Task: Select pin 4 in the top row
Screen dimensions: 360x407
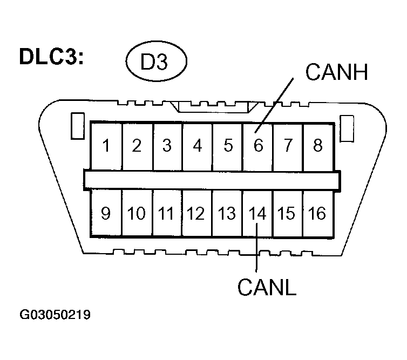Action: (x=198, y=145)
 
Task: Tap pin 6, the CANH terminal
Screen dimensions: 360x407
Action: (x=258, y=145)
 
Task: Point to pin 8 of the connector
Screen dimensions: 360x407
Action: (x=317, y=145)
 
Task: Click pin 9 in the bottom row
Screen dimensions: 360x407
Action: (x=106, y=214)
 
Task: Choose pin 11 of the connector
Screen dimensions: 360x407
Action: (x=166, y=214)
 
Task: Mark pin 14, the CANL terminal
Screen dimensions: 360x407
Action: (x=258, y=214)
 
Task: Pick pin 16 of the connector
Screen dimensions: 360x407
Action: (x=317, y=214)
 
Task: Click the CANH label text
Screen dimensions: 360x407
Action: (x=336, y=72)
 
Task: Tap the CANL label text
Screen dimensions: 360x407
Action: (x=267, y=287)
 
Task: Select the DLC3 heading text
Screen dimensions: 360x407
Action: (x=51, y=57)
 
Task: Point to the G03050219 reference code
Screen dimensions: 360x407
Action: (x=55, y=315)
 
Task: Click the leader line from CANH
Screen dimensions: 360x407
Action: (x=275, y=103)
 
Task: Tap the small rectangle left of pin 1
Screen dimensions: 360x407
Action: (x=77, y=125)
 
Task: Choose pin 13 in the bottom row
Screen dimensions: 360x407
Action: (x=227, y=214)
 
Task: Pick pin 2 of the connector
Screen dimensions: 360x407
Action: (x=137, y=145)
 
